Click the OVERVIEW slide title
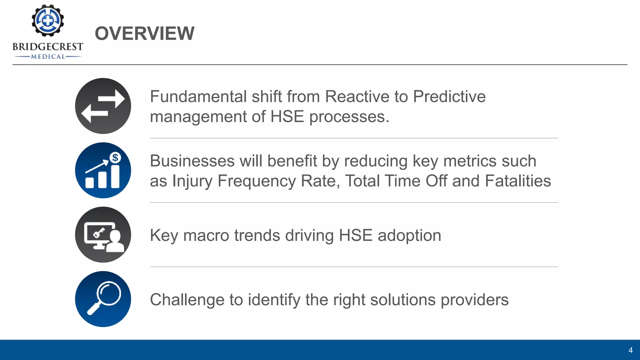point(144,33)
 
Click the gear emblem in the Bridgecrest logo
point(48,20)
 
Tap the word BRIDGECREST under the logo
point(48,47)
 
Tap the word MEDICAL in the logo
point(48,57)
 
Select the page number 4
point(630,350)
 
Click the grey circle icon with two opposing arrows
point(103,106)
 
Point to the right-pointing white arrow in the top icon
point(112,99)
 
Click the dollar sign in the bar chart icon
point(115,157)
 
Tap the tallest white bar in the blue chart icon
point(115,177)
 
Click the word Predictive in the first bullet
point(449,97)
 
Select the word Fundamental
point(198,97)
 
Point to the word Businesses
point(192,161)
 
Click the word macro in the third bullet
point(206,236)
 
